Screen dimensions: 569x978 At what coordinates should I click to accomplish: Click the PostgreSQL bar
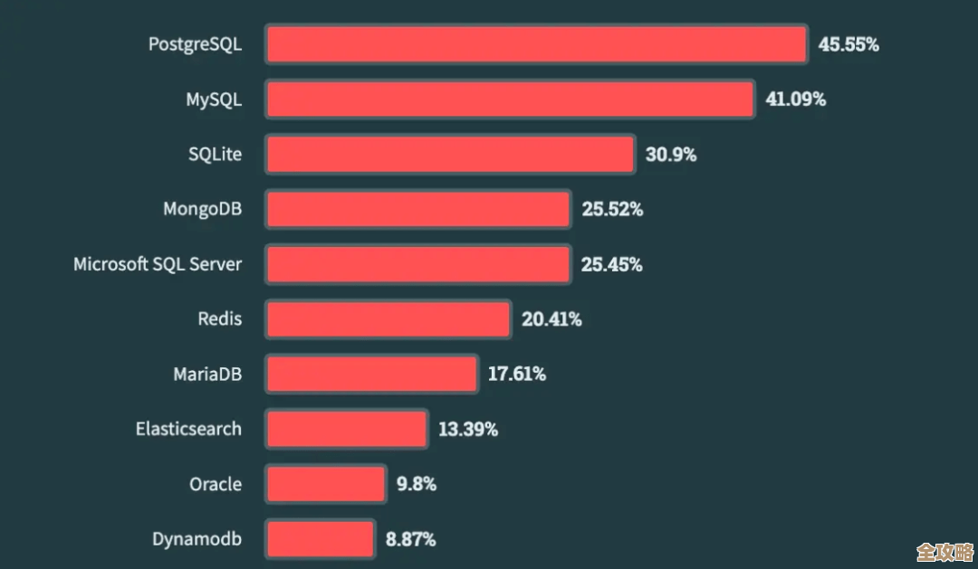(536, 44)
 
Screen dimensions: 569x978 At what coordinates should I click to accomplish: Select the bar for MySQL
(510, 100)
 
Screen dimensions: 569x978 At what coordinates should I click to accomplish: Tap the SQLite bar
(450, 155)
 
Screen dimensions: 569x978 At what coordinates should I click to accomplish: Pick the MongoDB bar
(418, 210)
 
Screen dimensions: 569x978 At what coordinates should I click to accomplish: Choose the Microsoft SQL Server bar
(418, 264)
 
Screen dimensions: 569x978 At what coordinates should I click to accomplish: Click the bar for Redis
(388, 319)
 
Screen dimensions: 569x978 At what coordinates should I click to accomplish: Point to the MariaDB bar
(372, 374)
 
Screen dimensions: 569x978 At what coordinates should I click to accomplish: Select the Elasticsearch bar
(347, 429)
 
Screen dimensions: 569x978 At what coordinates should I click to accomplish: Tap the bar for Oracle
(326, 484)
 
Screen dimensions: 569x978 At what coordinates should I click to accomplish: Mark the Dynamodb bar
(321, 539)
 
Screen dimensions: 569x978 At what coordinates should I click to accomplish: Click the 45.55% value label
(849, 44)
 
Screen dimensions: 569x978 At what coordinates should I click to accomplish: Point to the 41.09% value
(795, 100)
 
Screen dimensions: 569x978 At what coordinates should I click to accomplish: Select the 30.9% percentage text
(670, 155)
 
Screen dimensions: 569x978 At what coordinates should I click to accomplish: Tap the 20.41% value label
(551, 319)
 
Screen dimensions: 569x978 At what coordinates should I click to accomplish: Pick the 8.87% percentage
(410, 539)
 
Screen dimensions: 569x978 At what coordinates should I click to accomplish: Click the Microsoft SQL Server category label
(158, 264)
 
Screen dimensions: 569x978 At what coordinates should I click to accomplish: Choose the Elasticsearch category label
(188, 429)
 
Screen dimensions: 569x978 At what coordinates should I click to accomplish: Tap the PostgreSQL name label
(195, 44)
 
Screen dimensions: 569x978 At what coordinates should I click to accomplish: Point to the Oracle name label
(216, 484)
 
